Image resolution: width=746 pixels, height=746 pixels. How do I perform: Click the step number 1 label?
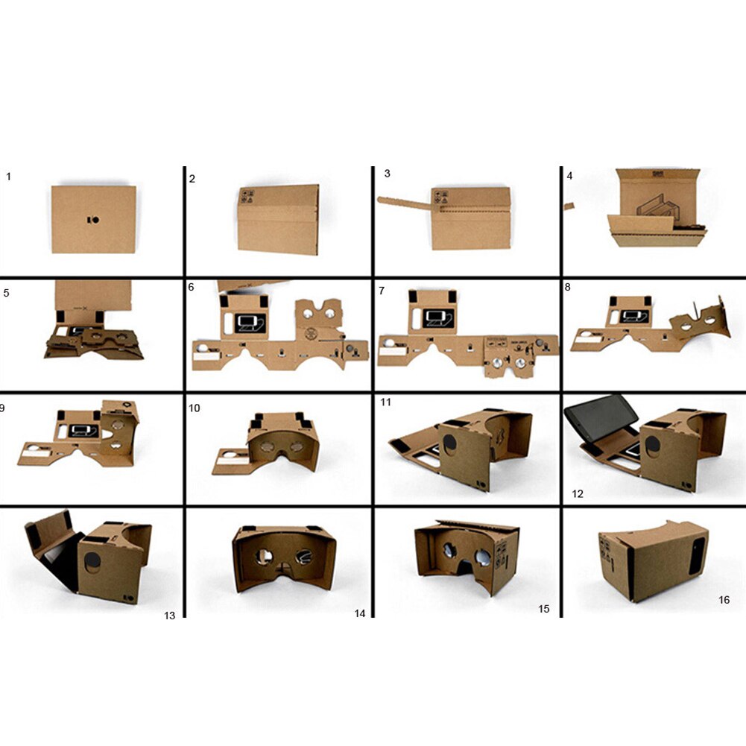pos(9,177)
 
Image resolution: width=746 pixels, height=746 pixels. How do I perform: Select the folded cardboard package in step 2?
pos(279,220)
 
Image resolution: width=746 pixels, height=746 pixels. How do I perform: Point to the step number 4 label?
pos(569,177)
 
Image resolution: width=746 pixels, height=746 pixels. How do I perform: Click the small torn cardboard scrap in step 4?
pos(569,206)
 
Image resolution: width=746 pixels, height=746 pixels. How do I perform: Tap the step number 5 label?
pos(7,293)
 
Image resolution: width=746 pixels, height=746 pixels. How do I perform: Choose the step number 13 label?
pos(170,615)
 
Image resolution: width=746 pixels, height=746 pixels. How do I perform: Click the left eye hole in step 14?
pos(265,554)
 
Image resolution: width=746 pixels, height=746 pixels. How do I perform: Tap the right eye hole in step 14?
pos(304,554)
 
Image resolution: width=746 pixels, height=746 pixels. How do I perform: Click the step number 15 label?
pos(544,609)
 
